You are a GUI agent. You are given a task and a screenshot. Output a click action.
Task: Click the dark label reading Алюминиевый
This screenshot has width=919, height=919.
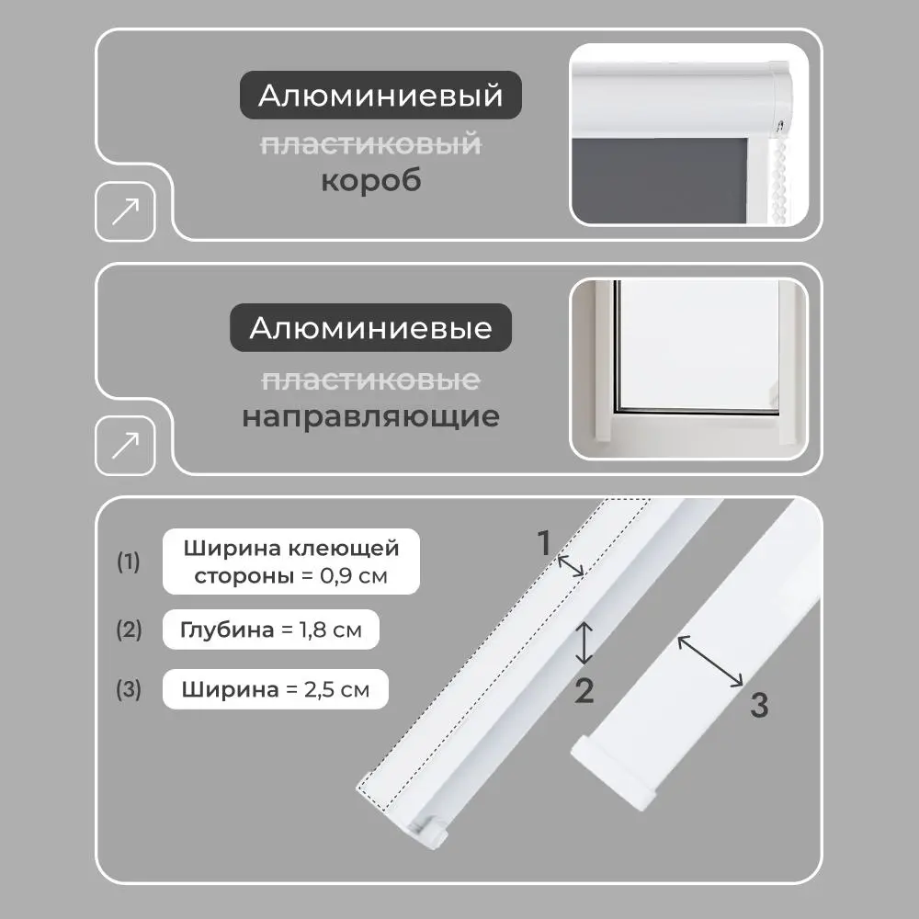380,96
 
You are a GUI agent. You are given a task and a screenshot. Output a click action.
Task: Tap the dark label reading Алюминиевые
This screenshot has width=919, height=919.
370,327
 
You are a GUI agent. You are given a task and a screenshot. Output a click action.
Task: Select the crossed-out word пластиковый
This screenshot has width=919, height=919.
370,143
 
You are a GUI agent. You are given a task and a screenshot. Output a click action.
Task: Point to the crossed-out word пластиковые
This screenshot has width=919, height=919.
370,379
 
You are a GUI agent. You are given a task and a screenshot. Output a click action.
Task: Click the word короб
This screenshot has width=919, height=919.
370,180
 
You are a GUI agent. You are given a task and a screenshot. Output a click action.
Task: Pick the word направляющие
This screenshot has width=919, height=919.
370,416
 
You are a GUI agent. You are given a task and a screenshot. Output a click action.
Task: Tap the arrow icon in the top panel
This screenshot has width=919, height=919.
125,212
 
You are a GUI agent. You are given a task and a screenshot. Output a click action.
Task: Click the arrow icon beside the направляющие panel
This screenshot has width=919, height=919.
125,447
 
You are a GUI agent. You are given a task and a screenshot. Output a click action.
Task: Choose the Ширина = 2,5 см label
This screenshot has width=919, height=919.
275,689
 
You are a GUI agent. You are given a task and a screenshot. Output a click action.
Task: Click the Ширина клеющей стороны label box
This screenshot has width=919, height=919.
291,562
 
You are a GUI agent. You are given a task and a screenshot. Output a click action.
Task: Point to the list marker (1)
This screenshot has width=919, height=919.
129,562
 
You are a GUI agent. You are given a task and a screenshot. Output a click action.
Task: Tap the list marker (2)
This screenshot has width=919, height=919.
129,630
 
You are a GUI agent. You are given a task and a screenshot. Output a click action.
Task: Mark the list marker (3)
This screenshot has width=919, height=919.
129,689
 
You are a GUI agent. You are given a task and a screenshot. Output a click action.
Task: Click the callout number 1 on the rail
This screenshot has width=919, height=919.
544,543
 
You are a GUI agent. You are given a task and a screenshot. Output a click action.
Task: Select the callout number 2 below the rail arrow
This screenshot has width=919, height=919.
584,690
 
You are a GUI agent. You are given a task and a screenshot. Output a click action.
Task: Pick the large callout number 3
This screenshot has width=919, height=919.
758,706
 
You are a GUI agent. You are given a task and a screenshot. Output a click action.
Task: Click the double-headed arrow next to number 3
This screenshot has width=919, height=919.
710,661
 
